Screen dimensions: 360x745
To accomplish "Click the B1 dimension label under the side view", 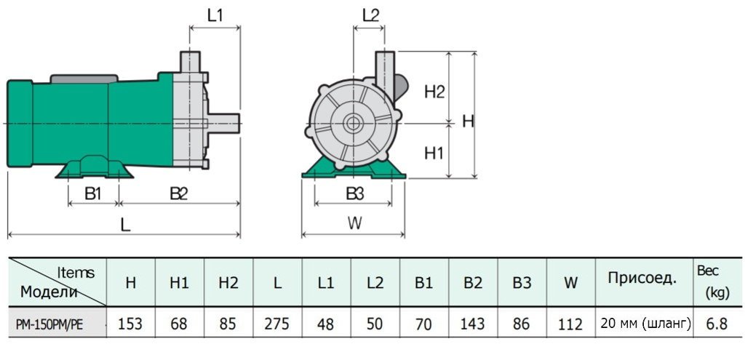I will pyautogui.click(x=92, y=193).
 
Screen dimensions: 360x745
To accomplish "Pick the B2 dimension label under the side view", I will pyautogui.click(x=179, y=193).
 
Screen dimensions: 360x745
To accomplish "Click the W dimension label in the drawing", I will pyautogui.click(x=354, y=223).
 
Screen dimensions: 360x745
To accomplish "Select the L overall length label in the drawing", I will pyautogui.click(x=125, y=225).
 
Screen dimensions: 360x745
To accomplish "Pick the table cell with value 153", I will pyautogui.click(x=130, y=324).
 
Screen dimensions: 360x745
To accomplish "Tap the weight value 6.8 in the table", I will pyautogui.click(x=716, y=324).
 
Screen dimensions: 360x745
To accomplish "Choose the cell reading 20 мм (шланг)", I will pyautogui.click(x=643, y=324).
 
